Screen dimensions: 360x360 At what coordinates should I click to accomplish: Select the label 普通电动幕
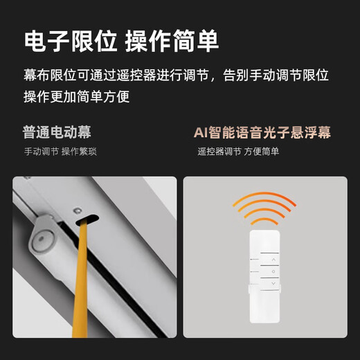[x=57, y=132]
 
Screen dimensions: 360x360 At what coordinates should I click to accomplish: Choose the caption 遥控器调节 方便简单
[x=238, y=151]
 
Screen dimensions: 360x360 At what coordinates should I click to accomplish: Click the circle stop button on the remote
[x=273, y=271]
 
